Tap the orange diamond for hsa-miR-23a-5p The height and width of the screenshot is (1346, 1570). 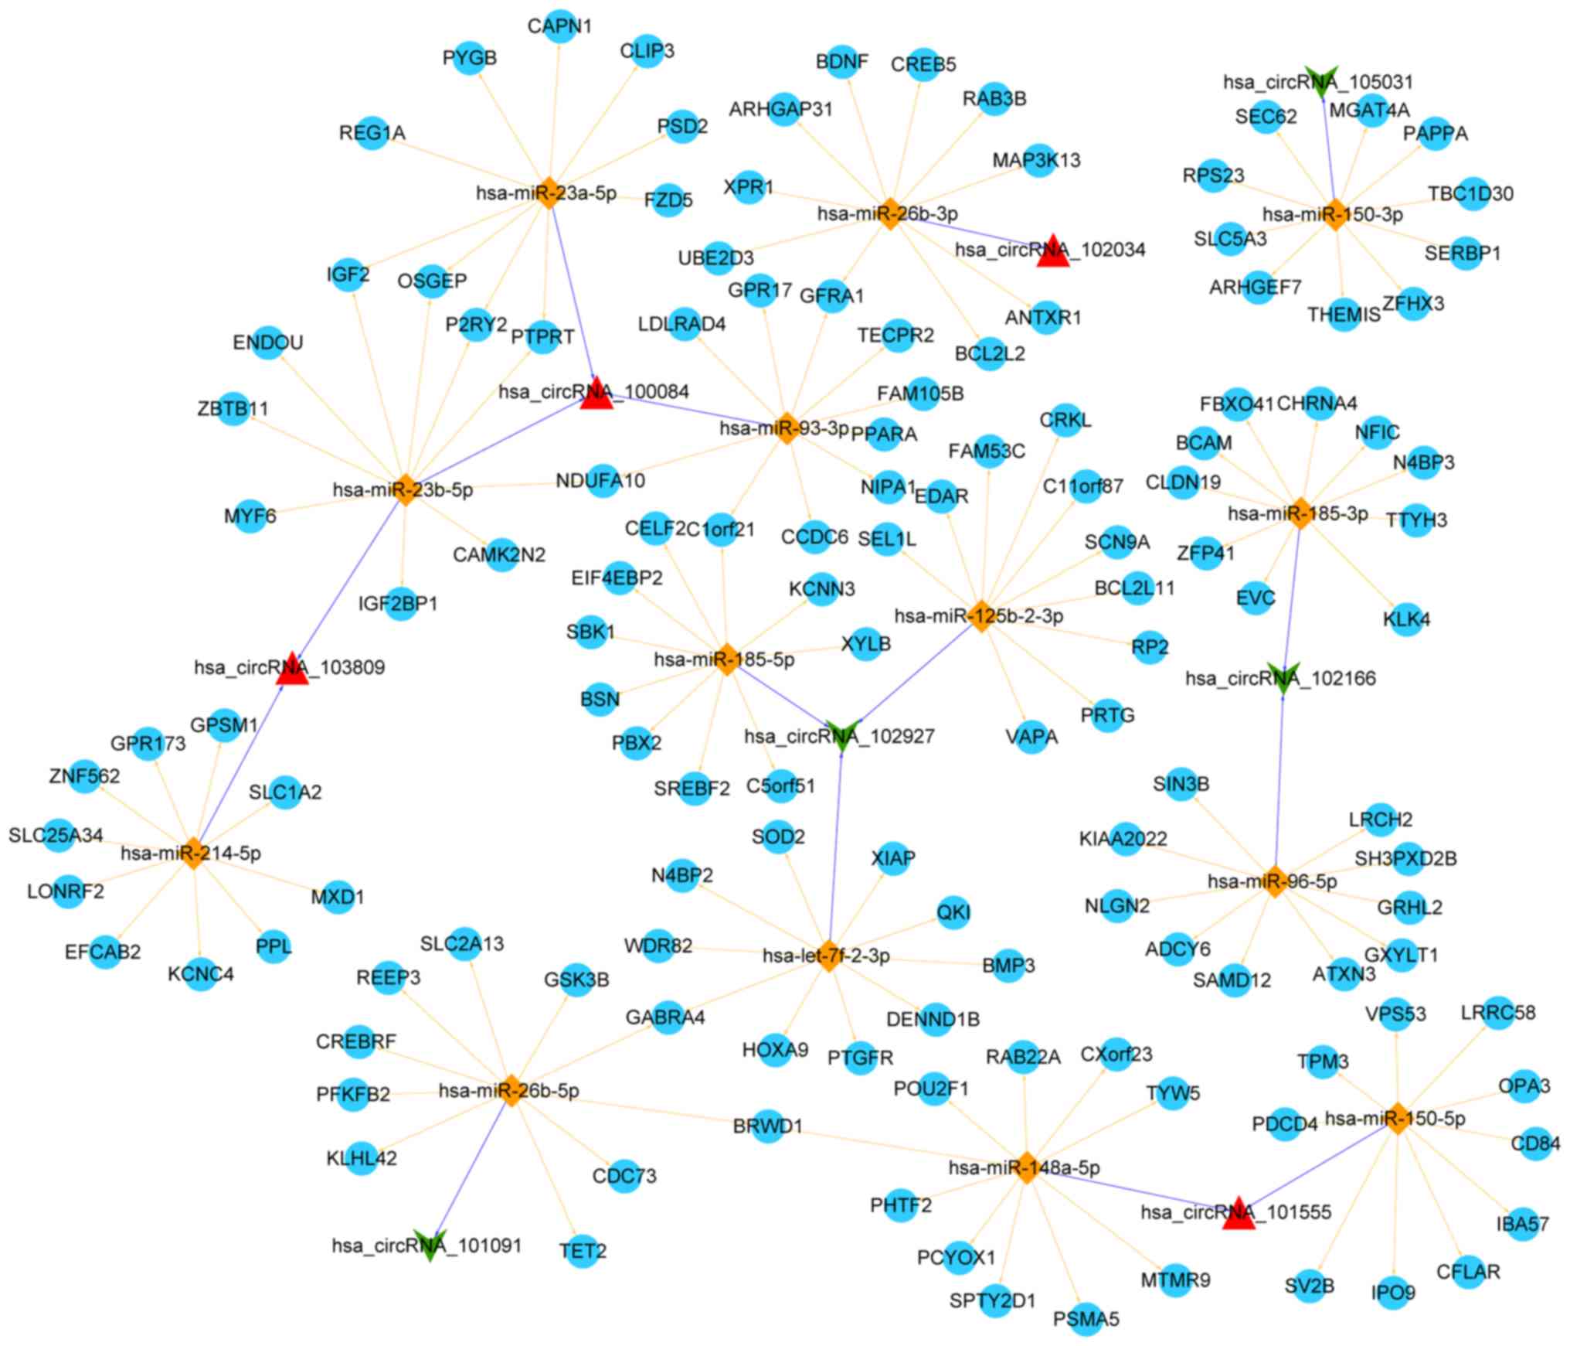pyautogui.click(x=548, y=193)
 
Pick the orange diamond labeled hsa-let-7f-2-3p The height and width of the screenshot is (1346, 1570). pyautogui.click(x=828, y=957)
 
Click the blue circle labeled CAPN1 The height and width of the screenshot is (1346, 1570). pyautogui.click(x=559, y=26)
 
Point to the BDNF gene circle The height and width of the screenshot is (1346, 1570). pyautogui.click(x=841, y=61)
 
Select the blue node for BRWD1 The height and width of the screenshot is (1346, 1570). pyautogui.click(x=768, y=1126)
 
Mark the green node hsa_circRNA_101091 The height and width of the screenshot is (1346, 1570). pyautogui.click(x=430, y=1244)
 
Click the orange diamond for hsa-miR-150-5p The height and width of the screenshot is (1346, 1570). pyautogui.click(x=1395, y=1119)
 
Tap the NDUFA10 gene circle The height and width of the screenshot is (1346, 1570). pyautogui.click(x=601, y=481)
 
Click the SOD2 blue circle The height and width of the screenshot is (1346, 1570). pyautogui.click(x=778, y=837)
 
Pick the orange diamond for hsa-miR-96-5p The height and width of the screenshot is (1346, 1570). pyautogui.click(x=1273, y=881)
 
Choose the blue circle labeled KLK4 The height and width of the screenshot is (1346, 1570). pyautogui.click(x=1406, y=619)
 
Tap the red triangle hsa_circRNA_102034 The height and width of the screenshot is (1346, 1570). pyautogui.click(x=1052, y=252)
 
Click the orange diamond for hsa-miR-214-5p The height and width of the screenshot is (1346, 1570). pyautogui.click(x=193, y=853)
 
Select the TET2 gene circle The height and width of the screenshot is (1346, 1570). pyautogui.click(x=583, y=1250)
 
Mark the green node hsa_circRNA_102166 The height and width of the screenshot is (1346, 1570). pyautogui.click(x=1283, y=677)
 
